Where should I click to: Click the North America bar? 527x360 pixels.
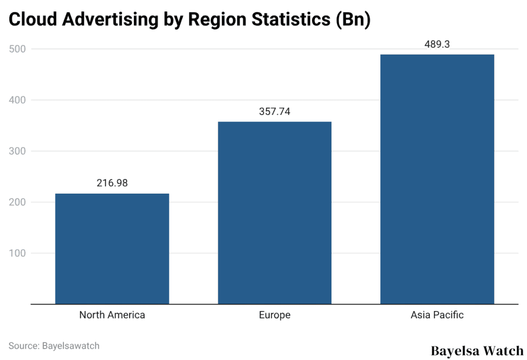click(x=112, y=249)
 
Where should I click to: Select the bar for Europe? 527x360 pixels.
click(x=274, y=213)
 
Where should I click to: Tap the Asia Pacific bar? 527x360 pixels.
click(x=437, y=179)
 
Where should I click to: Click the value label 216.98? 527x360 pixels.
click(x=112, y=183)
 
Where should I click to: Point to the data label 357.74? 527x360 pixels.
click(x=275, y=111)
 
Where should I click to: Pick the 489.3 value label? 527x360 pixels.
click(x=437, y=44)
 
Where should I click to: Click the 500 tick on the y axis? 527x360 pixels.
click(x=18, y=49)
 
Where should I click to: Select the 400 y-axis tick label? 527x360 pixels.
click(x=18, y=100)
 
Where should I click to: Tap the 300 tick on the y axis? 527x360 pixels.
click(x=18, y=151)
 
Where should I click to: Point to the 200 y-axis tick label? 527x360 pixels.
click(x=18, y=202)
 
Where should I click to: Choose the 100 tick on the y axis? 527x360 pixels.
click(x=18, y=253)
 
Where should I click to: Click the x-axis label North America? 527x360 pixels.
click(x=112, y=315)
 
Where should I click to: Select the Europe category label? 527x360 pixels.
click(x=275, y=315)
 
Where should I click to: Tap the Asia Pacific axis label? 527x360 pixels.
click(x=437, y=315)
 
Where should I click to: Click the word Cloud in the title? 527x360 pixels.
click(x=32, y=20)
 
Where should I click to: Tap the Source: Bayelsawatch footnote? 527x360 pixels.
click(x=54, y=345)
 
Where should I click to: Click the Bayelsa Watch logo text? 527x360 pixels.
click(x=477, y=351)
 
